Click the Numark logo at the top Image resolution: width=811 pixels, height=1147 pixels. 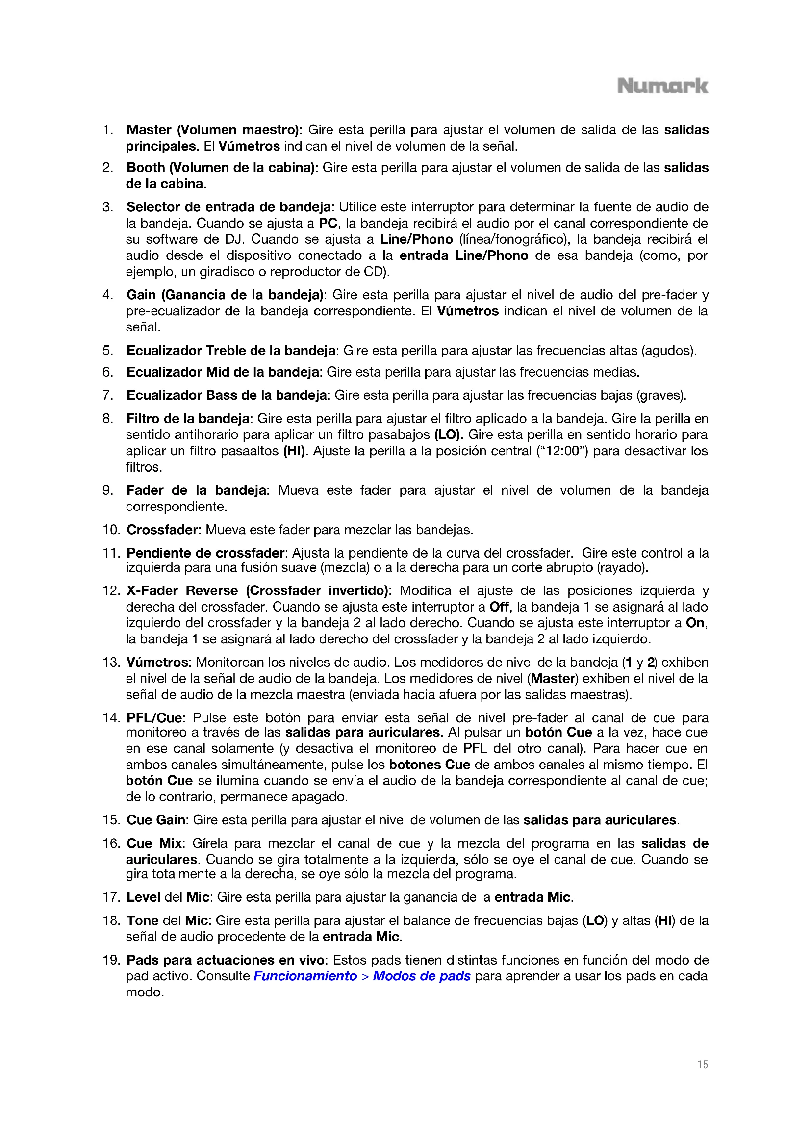click(x=662, y=86)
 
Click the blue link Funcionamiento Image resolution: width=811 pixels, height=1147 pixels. click(x=305, y=976)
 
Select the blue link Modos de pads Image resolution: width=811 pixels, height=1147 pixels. click(x=422, y=976)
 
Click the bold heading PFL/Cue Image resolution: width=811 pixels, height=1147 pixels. click(x=154, y=718)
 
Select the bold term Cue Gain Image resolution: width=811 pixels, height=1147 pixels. click(x=156, y=820)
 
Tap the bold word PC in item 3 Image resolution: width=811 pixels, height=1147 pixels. click(x=328, y=223)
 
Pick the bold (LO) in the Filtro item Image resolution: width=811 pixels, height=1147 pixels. click(x=447, y=434)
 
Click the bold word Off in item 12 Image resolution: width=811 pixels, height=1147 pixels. click(x=498, y=607)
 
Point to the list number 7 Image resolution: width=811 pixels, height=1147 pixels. click(x=107, y=395)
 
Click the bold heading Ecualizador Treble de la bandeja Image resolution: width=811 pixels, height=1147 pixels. click(x=231, y=351)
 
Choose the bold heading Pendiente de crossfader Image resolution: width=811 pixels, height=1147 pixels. click(x=205, y=553)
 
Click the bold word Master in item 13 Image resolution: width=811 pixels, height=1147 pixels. click(x=553, y=678)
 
